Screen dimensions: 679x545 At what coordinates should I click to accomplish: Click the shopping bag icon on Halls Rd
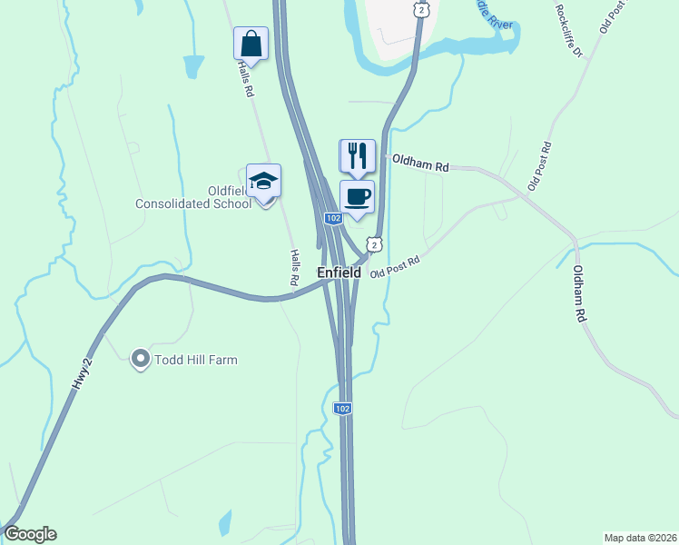point(251,43)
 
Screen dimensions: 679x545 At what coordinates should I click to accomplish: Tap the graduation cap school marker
point(263,181)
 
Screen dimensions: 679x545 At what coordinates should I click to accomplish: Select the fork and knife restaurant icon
point(357,155)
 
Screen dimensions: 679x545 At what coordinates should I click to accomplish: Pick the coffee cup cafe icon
point(357,196)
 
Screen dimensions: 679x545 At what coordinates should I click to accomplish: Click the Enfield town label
point(339,272)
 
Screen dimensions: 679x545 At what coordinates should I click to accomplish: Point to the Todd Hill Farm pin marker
point(140,360)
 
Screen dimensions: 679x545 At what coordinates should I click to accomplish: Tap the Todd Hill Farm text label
point(195,360)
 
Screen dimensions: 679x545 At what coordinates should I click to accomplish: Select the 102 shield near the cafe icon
point(333,219)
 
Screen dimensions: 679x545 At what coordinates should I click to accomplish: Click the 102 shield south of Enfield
point(342,409)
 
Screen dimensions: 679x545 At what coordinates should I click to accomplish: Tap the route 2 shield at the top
point(421,8)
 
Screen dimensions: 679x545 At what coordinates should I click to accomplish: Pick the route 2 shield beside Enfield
point(373,243)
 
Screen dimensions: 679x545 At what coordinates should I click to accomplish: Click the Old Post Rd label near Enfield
point(394,266)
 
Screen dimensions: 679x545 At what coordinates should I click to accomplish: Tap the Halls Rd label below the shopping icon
point(245,79)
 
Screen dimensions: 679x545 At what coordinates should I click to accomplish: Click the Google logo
point(30,534)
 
